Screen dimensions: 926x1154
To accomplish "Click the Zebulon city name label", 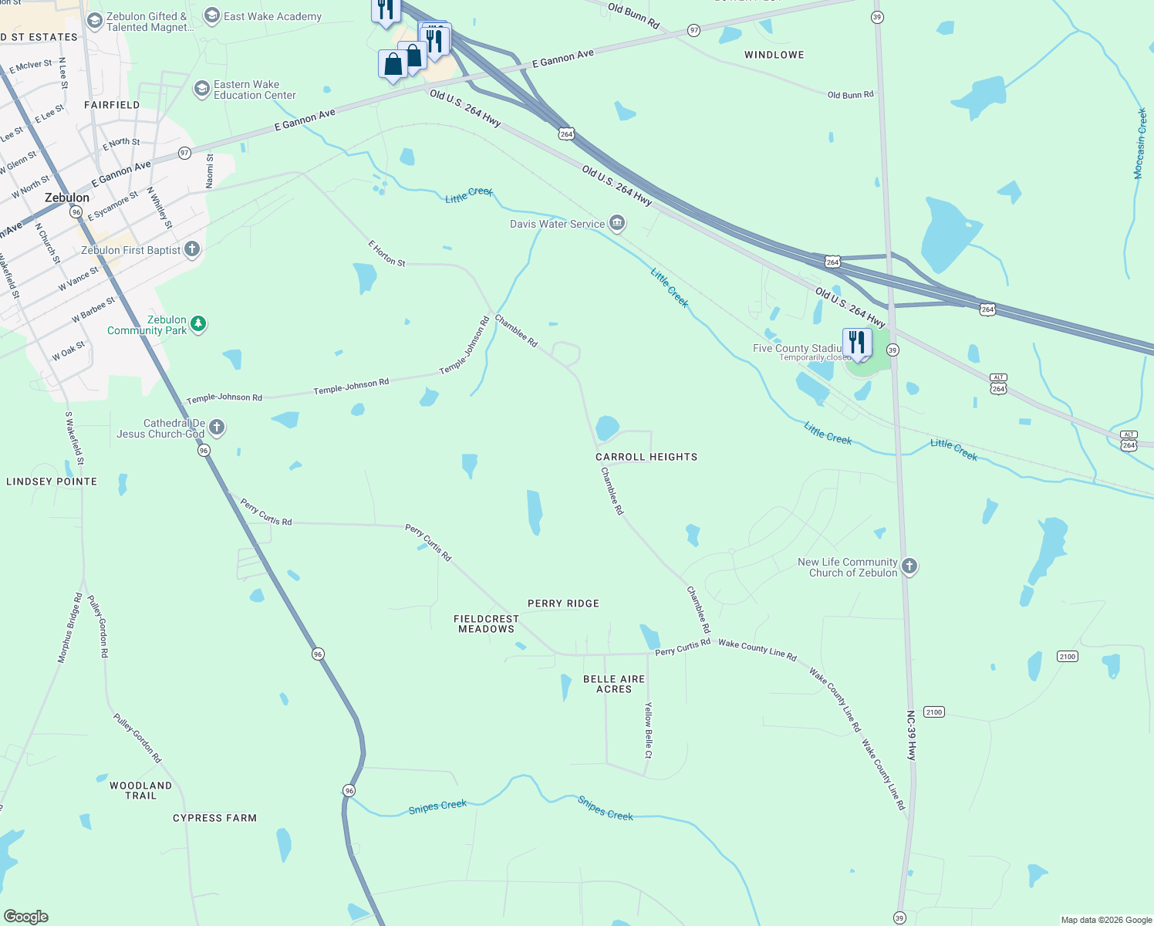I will tap(67, 198).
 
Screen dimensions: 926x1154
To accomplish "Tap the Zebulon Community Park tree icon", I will tap(198, 324).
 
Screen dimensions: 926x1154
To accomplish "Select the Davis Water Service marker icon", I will tap(617, 224).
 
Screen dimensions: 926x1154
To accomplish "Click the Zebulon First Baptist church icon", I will tap(192, 249).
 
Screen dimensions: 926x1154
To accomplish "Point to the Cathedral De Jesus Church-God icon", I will tap(217, 427).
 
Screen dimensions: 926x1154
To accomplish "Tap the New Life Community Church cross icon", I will tap(909, 566).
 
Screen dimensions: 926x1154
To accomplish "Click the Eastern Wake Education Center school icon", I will tap(201, 90).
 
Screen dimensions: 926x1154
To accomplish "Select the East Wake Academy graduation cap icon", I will tap(211, 16).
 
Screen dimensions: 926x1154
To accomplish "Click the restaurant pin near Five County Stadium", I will tap(857, 343).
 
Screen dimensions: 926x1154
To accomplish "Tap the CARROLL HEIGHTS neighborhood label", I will tap(646, 457).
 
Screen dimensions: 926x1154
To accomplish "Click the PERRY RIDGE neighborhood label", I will tap(563, 603).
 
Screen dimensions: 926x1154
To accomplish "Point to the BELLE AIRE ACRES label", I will tap(614, 684).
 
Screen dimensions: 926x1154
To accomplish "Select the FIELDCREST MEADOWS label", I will tap(486, 624).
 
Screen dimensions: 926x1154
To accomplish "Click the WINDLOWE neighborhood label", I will tap(774, 55).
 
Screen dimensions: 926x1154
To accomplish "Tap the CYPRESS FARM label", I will tap(214, 818).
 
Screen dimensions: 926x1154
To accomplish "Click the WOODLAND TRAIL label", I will tap(140, 790).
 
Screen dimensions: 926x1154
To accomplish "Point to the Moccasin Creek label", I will tap(1140, 144).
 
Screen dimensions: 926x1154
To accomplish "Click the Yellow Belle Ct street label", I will tap(649, 730).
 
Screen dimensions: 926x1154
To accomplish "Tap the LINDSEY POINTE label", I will tap(52, 482).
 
